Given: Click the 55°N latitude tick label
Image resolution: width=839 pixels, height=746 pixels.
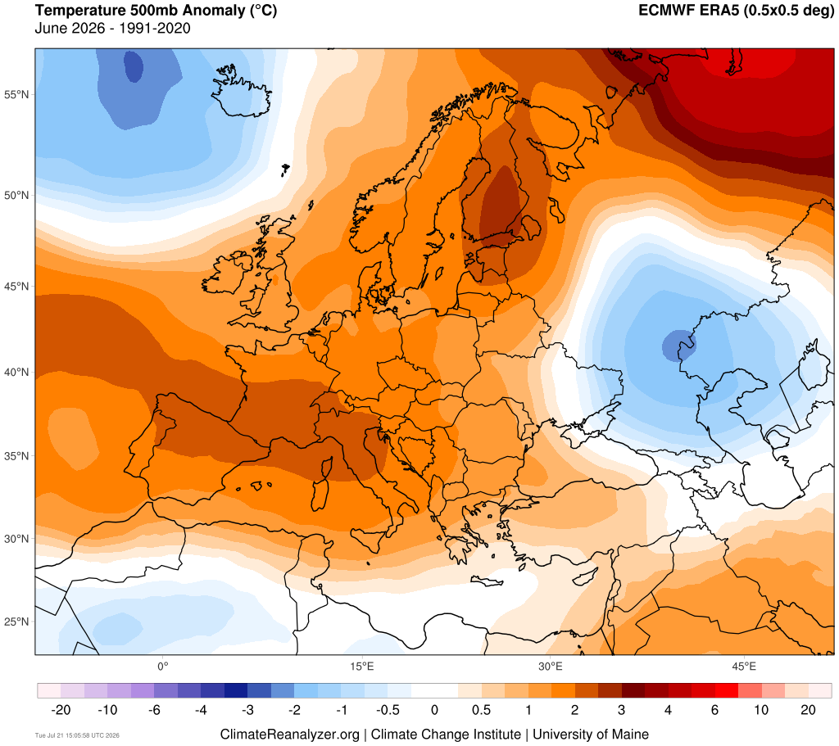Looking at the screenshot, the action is point(16,95).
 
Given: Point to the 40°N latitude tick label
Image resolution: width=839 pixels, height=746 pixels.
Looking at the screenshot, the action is point(16,372).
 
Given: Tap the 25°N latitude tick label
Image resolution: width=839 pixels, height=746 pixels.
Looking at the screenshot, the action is point(16,622).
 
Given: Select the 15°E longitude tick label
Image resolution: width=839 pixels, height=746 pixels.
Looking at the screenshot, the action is point(361,667).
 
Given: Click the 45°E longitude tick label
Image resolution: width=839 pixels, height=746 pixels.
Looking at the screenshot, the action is point(744,667).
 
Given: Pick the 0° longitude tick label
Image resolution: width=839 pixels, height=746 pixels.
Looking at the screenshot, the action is point(163,667).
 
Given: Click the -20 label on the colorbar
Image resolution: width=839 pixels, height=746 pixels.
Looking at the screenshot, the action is point(61,710).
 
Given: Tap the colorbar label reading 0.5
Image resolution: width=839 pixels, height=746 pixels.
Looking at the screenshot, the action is point(481,710).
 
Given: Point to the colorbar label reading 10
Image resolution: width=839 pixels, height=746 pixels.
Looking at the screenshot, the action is point(761,710).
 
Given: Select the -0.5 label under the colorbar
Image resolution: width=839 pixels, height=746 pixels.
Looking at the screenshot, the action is point(388,710).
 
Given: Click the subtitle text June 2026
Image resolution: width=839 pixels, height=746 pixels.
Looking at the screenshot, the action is point(70,28).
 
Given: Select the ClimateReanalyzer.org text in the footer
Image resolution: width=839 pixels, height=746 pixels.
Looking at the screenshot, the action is point(289,735).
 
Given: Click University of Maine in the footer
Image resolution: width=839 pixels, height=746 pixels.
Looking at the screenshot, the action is point(591,735).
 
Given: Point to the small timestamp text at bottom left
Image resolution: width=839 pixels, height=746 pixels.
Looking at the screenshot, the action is point(77,735).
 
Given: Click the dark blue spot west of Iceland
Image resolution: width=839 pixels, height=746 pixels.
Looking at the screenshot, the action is point(134,66).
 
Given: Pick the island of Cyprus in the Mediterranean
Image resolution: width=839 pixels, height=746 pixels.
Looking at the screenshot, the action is point(583,576).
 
